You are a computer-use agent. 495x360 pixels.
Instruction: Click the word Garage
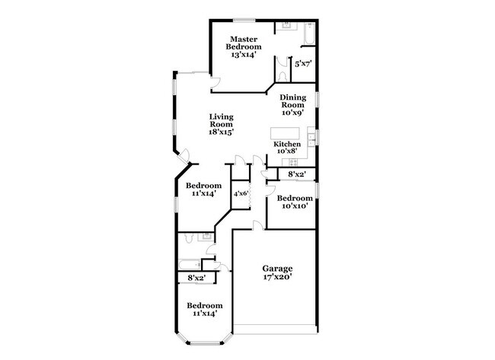[x=277, y=269]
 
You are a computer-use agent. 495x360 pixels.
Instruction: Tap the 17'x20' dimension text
[x=277, y=277]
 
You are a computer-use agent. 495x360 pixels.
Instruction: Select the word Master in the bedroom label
[x=244, y=39]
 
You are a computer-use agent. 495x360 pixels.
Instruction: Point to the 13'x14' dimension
[x=244, y=54]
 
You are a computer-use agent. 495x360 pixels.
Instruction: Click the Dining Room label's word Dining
[x=292, y=98]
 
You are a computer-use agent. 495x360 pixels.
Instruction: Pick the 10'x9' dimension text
[x=292, y=113]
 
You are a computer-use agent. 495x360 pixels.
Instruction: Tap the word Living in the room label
[x=221, y=117]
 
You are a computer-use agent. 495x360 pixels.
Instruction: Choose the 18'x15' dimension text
[x=221, y=132]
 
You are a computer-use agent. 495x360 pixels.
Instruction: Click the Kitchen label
[x=287, y=144]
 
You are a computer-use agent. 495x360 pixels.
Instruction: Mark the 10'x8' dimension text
[x=287, y=151]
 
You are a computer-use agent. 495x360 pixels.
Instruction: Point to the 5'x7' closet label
[x=303, y=65]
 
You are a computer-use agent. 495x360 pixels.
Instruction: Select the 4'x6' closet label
[x=241, y=193]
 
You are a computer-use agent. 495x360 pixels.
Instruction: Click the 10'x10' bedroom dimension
[x=295, y=205]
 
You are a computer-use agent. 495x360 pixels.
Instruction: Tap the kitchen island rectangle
[x=285, y=133]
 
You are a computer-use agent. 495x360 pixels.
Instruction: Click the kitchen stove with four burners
[x=293, y=162]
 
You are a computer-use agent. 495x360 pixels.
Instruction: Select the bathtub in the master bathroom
[x=309, y=33]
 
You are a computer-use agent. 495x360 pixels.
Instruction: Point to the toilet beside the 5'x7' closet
[x=283, y=77]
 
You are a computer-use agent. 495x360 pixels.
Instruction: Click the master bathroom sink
[x=286, y=26]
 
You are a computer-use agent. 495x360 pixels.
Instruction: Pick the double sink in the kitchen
[x=311, y=139]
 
